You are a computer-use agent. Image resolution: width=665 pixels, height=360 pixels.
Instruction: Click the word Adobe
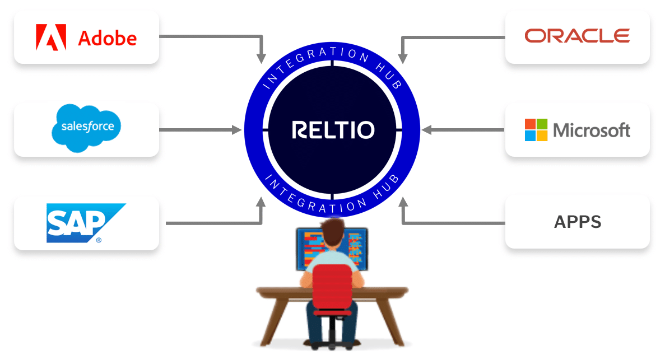coord(107,38)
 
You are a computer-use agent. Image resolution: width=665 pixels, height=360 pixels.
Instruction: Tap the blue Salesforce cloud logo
coord(86,127)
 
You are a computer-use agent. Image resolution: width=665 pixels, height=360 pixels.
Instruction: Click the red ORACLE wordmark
coord(577,36)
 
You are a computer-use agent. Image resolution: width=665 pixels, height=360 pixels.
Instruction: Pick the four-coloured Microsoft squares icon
coord(536,130)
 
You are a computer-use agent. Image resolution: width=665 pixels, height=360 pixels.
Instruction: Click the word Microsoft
coord(592,130)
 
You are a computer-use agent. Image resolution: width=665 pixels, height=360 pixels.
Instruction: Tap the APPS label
coord(578,222)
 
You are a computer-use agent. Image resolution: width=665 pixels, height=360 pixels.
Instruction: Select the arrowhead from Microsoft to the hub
coord(427,130)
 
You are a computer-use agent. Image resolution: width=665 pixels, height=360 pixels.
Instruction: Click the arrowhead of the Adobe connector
coord(261,58)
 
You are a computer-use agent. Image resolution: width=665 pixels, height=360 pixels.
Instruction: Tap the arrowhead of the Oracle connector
coord(403,58)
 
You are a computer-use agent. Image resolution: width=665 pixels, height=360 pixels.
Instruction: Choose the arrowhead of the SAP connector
coord(261,202)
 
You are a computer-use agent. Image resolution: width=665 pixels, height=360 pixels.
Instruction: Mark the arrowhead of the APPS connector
coord(403,202)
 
